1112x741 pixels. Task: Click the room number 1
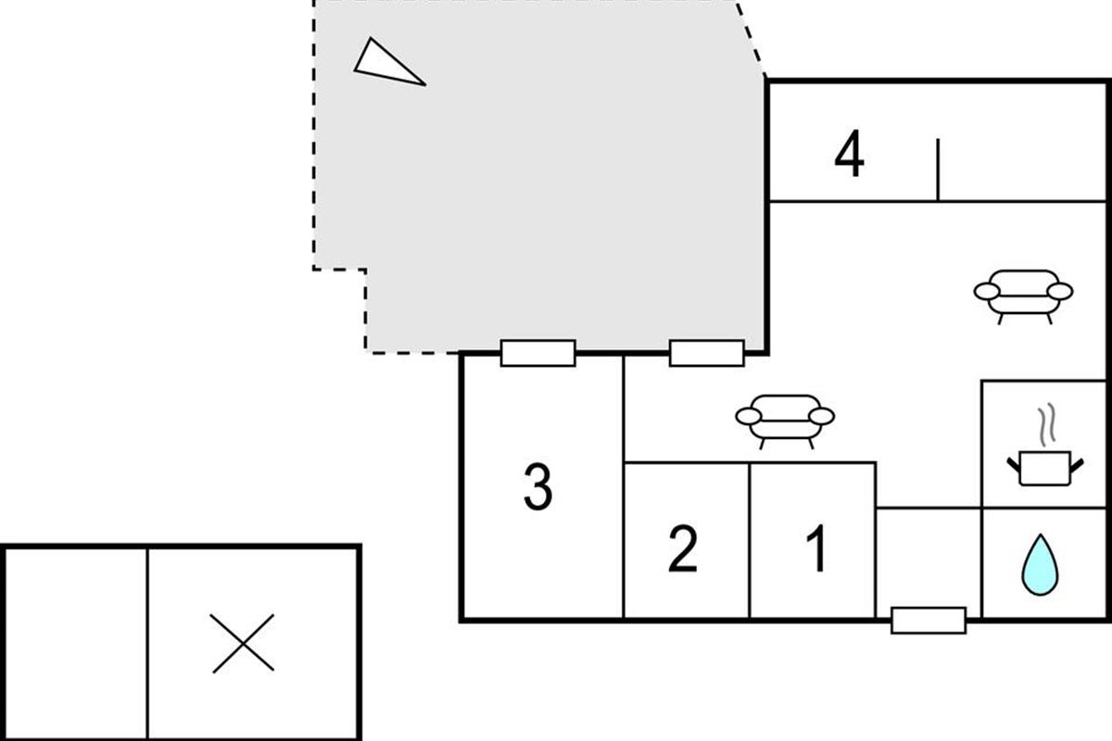coord(816,548)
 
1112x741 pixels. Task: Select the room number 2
coord(683,548)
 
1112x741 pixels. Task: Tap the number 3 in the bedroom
coord(538,486)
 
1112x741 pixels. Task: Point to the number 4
coord(850,154)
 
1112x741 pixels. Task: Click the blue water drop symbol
coord(1040,565)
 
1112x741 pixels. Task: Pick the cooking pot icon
coord(1045,468)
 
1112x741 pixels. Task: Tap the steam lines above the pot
coord(1046,424)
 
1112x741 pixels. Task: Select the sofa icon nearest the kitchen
coord(1023,296)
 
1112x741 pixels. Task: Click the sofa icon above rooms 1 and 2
coord(785,421)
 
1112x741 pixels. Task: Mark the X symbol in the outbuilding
coord(242,643)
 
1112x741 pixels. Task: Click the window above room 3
coord(538,353)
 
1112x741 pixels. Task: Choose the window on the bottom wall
coord(929,621)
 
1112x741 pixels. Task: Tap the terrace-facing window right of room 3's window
coord(707,353)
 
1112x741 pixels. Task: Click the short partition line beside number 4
coord(938,170)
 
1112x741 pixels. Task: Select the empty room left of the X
coord(76,644)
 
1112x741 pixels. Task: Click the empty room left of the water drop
coord(929,562)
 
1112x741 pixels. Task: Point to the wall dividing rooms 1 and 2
coord(749,540)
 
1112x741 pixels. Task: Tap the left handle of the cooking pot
coord(1014,466)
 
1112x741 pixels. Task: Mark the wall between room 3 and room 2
coord(623,486)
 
